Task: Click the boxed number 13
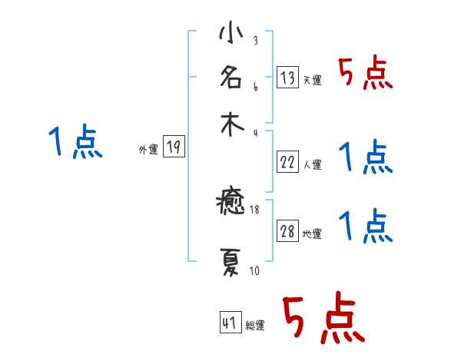pyautogui.click(x=287, y=78)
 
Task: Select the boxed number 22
pyautogui.click(x=287, y=162)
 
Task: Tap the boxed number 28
pyautogui.click(x=287, y=232)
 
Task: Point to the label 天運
pyautogui.click(x=313, y=81)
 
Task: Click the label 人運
pyautogui.click(x=313, y=164)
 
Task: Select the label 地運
pyautogui.click(x=313, y=234)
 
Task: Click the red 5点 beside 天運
pyautogui.click(x=365, y=75)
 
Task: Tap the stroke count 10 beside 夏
pyautogui.click(x=254, y=271)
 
